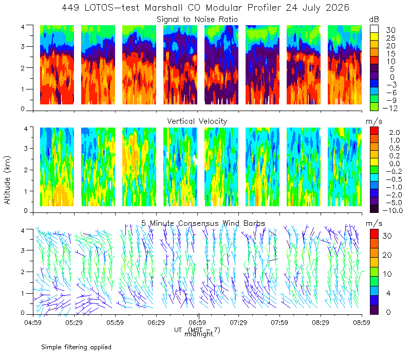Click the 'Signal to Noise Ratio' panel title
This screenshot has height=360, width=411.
pyautogui.click(x=197, y=20)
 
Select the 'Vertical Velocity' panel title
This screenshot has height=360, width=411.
pyautogui.click(x=197, y=121)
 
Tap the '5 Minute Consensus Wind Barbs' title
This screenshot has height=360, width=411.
pyautogui.click(x=203, y=223)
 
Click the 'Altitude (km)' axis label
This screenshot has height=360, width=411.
pyautogui.click(x=7, y=180)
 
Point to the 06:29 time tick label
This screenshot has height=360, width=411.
pyautogui.click(x=156, y=322)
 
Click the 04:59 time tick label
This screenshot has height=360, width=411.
pyautogui.click(x=33, y=322)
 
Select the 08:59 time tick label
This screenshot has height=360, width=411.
pyautogui.click(x=362, y=322)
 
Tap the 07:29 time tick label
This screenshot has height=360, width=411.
pyautogui.click(x=238, y=322)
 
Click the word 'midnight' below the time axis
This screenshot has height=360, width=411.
pyautogui.click(x=199, y=334)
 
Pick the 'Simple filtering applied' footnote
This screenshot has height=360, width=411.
pyautogui.click(x=76, y=348)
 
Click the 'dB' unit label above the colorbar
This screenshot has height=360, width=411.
pyautogui.click(x=374, y=20)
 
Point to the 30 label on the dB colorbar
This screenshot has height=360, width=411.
pyautogui.click(x=390, y=30)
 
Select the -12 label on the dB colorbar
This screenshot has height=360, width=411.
pyautogui.click(x=390, y=108)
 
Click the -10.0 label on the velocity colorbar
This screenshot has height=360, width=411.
pyautogui.click(x=393, y=210)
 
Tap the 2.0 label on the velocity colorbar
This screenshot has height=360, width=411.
pyautogui.click(x=395, y=132)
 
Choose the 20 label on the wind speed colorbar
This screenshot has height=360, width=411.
pyautogui.click(x=387, y=255)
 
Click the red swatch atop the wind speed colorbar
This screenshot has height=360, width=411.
pyautogui.click(x=374, y=234)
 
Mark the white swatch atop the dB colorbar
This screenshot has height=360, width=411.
pyautogui.click(x=374, y=29)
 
